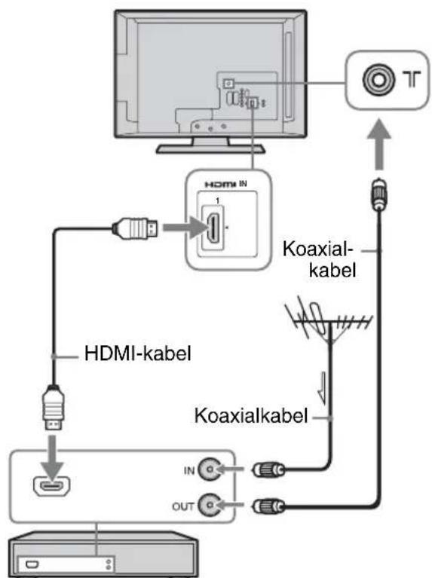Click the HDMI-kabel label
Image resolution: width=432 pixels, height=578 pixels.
138,353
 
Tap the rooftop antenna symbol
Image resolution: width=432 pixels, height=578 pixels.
328,322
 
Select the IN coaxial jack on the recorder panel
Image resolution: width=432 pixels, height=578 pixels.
210,469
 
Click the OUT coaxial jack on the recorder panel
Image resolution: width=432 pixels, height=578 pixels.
210,505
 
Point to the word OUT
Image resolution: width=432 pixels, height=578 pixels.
182,506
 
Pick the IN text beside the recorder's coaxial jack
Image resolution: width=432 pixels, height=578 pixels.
189,471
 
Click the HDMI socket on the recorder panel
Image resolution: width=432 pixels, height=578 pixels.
52,486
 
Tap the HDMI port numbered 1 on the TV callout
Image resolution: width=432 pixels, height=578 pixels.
213,228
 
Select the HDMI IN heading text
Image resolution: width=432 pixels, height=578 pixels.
225,184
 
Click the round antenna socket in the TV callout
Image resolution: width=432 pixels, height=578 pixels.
378,79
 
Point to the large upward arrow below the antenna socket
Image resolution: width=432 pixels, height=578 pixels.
379,144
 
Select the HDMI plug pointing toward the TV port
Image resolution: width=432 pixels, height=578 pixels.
136,228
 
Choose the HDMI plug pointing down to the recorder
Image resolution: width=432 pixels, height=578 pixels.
54,408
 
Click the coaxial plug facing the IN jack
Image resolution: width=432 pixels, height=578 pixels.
268,469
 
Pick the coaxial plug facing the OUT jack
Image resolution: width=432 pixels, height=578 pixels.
268,506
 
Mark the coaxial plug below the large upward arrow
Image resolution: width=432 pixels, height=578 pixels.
379,194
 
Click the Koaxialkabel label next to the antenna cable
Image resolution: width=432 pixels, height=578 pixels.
251,416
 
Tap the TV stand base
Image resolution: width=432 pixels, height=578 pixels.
210,148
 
